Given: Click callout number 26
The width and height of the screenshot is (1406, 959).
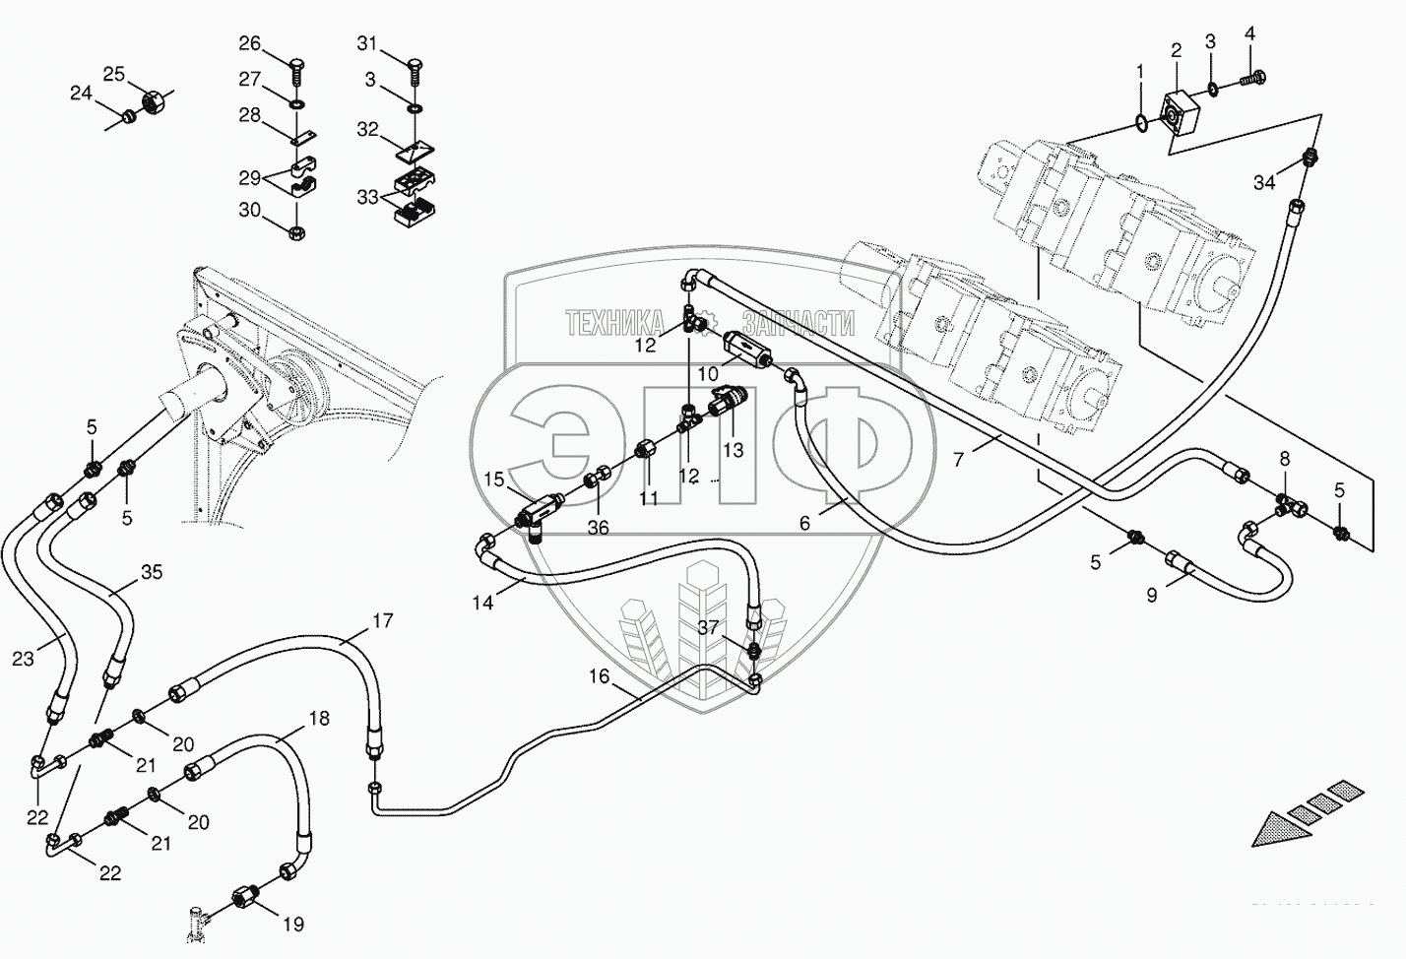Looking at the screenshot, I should tap(250, 43).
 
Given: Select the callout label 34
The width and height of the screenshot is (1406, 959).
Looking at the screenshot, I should tap(1264, 182).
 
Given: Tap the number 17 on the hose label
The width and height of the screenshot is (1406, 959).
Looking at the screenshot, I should tap(382, 621).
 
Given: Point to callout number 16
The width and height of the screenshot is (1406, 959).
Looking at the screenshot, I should tap(600, 676).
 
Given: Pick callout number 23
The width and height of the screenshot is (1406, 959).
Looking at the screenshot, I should tap(23, 660).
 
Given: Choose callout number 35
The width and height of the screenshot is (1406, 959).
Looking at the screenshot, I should tap(151, 572).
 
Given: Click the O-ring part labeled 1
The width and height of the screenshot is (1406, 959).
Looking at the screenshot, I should tap(1139, 122).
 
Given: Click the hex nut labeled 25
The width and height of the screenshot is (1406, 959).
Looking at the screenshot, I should tap(153, 99).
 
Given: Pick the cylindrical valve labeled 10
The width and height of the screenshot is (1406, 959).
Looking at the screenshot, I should tap(745, 349).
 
